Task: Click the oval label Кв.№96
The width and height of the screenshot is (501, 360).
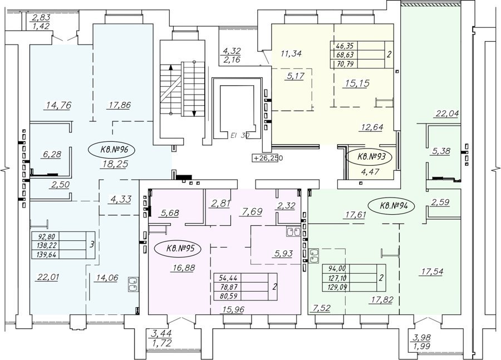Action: click(x=112, y=149)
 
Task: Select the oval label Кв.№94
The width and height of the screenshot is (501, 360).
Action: click(x=391, y=206)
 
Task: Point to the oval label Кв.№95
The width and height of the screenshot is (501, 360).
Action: click(x=178, y=249)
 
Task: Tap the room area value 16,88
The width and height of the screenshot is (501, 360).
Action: click(x=183, y=268)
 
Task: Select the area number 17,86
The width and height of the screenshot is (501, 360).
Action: click(x=118, y=105)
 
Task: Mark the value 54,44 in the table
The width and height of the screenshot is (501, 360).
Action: click(x=228, y=278)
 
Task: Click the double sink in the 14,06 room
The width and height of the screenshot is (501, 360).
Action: click(x=133, y=284)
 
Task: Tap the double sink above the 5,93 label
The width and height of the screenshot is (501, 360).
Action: click(x=293, y=231)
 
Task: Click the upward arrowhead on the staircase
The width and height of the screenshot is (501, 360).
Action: click(x=171, y=67)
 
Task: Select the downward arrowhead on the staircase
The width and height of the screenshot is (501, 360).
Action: click(x=194, y=113)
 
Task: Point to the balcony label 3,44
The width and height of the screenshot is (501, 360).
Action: click(x=161, y=334)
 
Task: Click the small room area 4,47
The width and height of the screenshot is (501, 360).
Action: click(x=370, y=172)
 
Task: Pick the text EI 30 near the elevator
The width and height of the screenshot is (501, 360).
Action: click(x=239, y=135)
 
